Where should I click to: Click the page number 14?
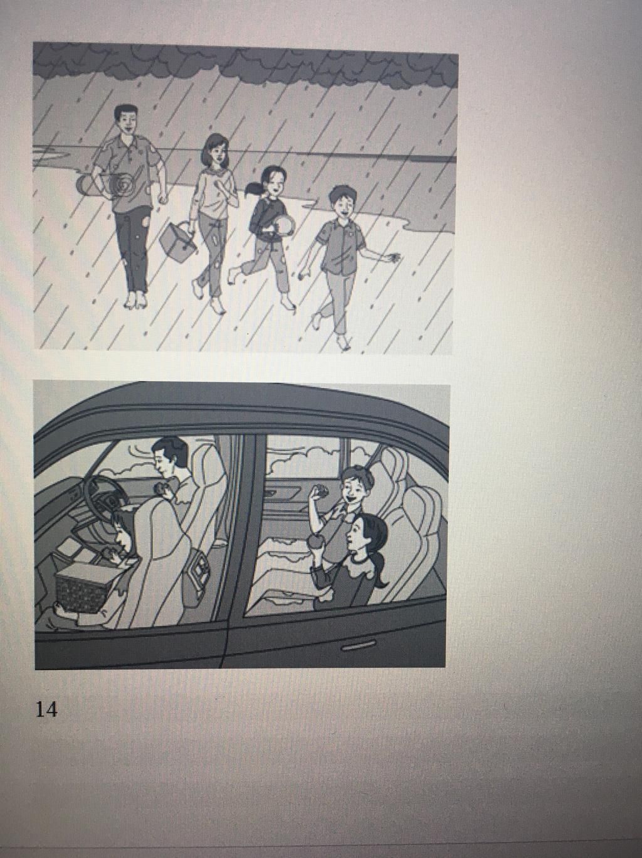[46, 709]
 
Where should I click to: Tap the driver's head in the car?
[168, 456]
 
